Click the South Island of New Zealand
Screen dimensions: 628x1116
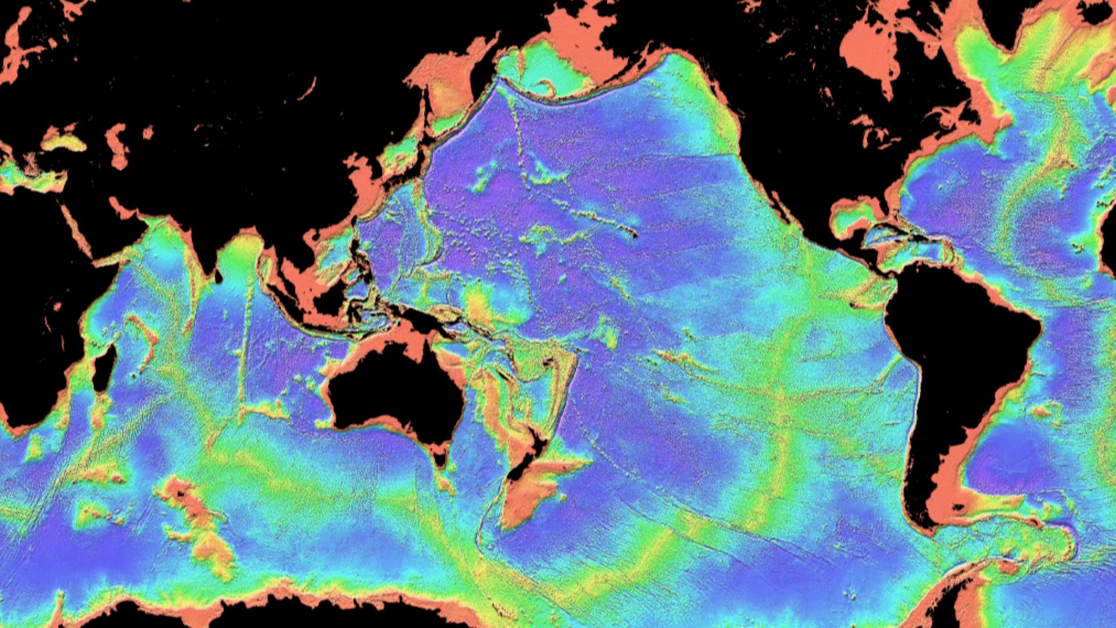coord(523,465)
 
